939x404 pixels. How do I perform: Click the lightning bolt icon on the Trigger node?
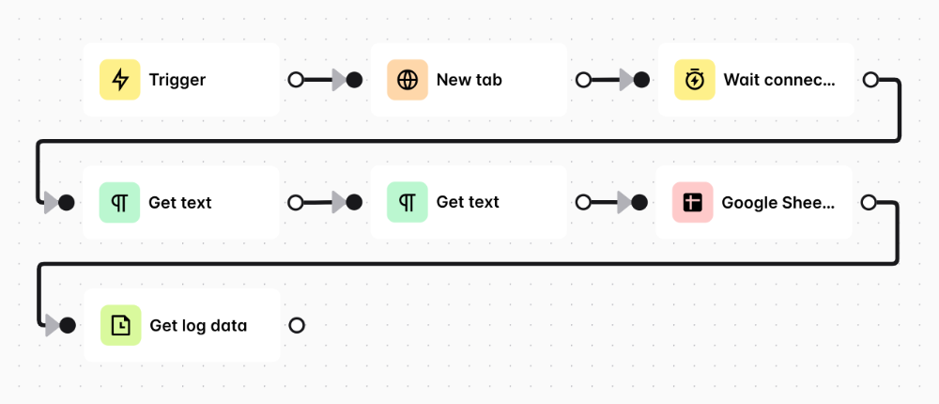tap(120, 79)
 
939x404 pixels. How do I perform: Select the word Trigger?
tap(177, 80)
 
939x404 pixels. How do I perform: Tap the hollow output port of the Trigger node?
tap(296, 79)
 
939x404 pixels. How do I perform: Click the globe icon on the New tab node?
tap(408, 79)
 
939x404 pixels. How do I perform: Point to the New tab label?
tap(469, 80)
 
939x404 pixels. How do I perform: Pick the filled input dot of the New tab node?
tap(355, 79)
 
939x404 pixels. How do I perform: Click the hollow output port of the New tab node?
tap(583, 79)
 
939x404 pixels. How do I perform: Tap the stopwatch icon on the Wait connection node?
tap(695, 79)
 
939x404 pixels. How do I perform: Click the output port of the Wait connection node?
tap(870, 79)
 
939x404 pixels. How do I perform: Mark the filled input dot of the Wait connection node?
tap(642, 79)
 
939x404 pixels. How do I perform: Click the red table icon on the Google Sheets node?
tap(692, 202)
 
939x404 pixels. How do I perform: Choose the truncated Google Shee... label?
tap(777, 203)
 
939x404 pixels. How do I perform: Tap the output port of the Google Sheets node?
tap(869, 202)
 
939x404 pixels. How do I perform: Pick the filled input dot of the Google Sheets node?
tap(639, 202)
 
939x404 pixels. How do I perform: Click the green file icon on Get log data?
tap(121, 325)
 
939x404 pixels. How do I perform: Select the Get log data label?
tap(198, 325)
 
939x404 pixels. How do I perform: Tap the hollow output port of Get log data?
tap(297, 325)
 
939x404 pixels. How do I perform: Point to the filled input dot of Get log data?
tap(68, 325)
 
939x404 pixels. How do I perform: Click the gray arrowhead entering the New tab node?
tap(340, 79)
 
